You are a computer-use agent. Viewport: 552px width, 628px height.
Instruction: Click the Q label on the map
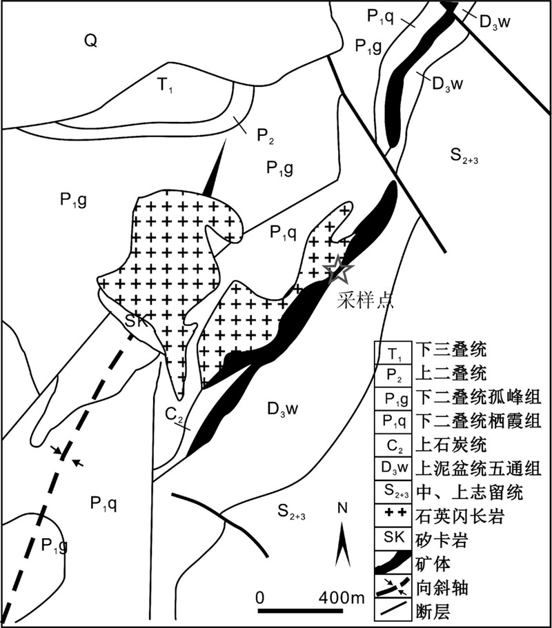coord(90,41)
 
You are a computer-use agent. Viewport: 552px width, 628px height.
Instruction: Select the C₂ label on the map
coord(174,415)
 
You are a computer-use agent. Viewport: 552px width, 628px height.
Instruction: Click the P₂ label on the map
coord(266,135)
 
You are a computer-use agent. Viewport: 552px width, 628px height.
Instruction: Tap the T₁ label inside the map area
coord(164,85)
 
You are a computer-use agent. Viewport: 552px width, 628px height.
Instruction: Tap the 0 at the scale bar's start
coord(260,596)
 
